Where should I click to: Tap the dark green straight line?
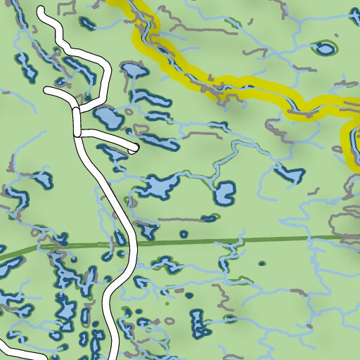coord(211,242)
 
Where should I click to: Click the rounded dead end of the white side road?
coord(132,149)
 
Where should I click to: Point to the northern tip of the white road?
coord(41,11)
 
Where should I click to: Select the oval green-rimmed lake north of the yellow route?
coord(324,49)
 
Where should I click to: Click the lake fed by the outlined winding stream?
coord(224,192)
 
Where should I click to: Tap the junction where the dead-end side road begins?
coord(77,131)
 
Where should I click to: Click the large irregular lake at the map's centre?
coord(160,188)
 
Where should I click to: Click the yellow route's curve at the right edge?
coord(348,141)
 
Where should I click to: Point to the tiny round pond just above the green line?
coord(184,234)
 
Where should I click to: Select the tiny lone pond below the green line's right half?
coord(262,263)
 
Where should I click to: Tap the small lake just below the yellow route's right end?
coord(288,172)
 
